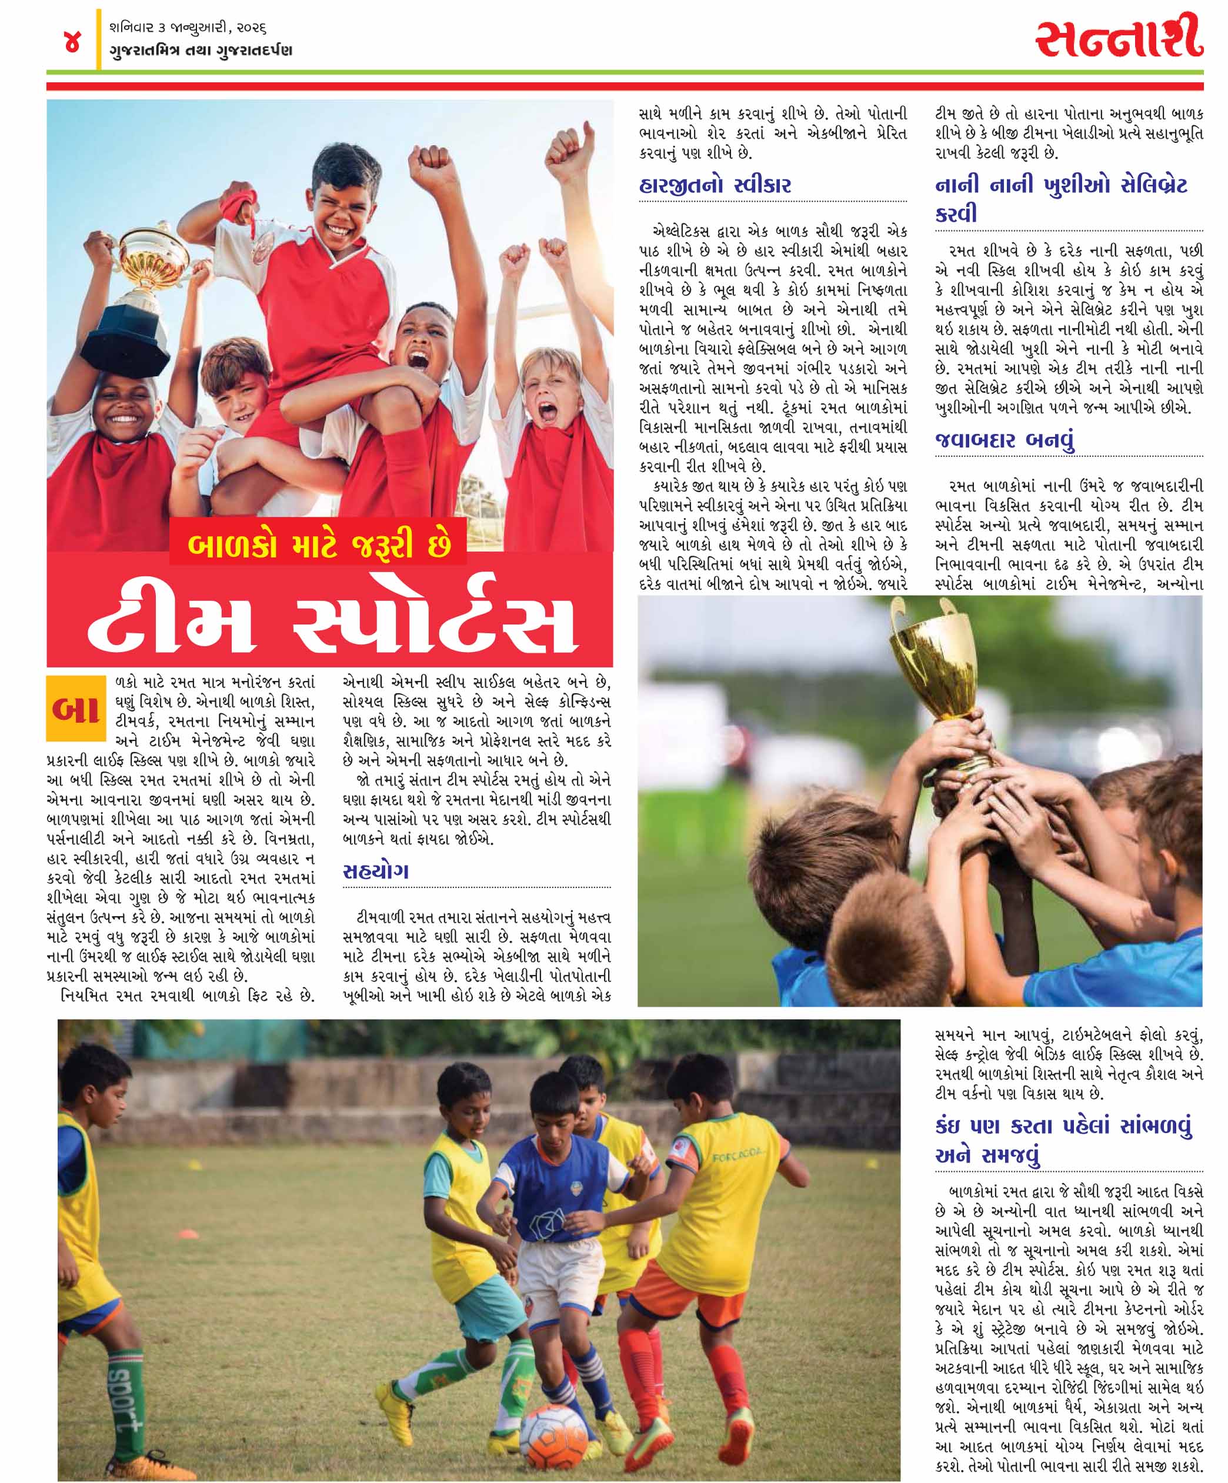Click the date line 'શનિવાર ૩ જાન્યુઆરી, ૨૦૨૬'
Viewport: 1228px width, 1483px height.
pyautogui.click(x=187, y=28)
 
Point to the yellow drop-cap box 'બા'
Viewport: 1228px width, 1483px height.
pyautogui.click(x=75, y=709)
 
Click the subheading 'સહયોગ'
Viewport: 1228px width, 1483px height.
pyautogui.click(x=376, y=871)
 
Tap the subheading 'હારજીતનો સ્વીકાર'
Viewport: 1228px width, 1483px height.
pyautogui.click(x=715, y=186)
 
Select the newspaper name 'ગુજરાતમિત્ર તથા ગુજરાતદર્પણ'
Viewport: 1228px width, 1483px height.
pyautogui.click(x=201, y=51)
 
